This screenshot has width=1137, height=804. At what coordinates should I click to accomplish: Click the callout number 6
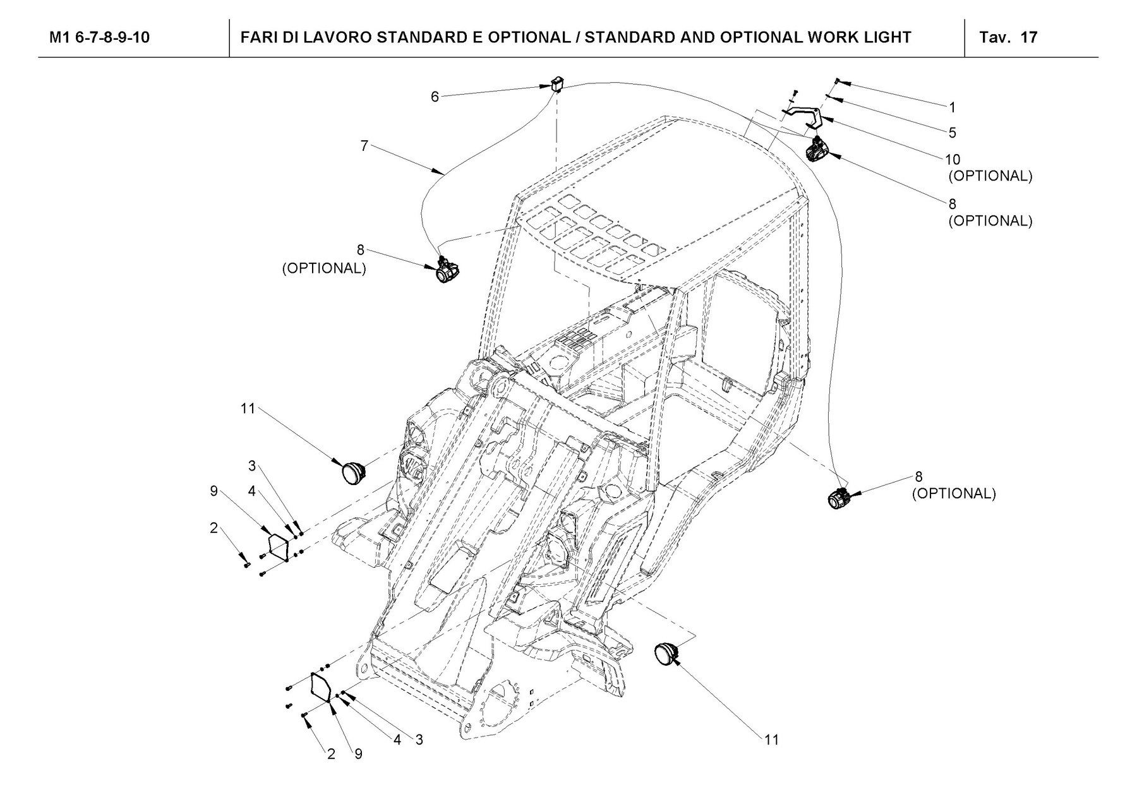click(x=435, y=97)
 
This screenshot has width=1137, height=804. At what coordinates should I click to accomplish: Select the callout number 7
click(x=364, y=146)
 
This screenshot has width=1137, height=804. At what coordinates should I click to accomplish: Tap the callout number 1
click(x=953, y=107)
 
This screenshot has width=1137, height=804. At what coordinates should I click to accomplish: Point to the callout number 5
click(x=953, y=133)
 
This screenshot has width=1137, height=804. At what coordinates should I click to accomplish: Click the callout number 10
click(x=953, y=160)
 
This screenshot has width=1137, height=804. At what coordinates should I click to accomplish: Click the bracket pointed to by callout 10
click(x=803, y=116)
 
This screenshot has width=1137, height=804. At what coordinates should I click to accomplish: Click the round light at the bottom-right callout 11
click(x=665, y=652)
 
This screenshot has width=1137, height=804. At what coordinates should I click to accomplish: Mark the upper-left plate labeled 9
click(x=278, y=545)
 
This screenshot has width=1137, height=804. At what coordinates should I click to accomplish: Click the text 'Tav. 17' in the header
click(x=1008, y=37)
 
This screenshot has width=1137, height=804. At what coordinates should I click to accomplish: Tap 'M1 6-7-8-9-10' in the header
click(x=100, y=37)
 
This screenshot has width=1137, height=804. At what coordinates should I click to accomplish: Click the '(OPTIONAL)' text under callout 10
click(x=990, y=176)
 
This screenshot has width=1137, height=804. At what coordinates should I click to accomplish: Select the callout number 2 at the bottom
click(x=331, y=754)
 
